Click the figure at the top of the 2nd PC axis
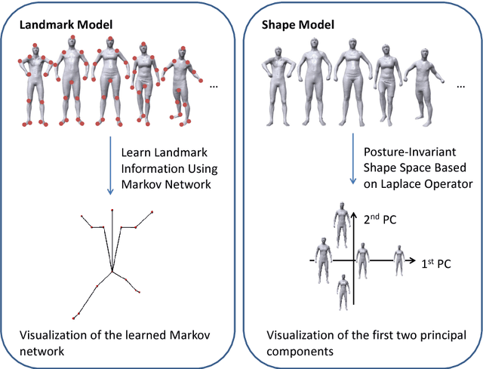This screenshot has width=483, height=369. point(343,223)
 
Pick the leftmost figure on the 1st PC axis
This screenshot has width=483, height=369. point(323,258)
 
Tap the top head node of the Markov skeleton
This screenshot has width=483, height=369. point(112,211)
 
